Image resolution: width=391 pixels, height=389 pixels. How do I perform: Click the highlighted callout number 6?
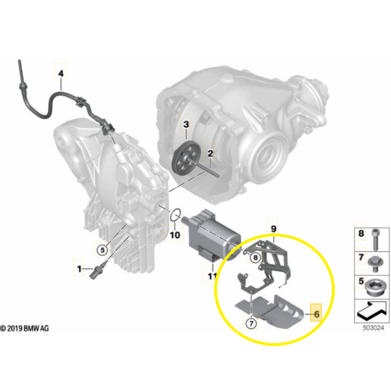[316, 314]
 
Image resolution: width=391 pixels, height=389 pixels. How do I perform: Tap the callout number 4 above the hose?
[61, 73]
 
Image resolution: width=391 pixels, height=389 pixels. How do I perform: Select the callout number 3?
[186, 124]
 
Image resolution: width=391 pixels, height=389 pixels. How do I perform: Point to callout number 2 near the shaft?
[210, 153]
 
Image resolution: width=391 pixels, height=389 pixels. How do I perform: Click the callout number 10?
[175, 235]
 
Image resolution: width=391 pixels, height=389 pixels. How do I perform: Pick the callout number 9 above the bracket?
[273, 228]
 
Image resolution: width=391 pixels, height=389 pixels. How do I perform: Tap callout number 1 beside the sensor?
[79, 269]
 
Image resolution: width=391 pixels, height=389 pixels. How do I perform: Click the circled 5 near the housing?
[102, 250]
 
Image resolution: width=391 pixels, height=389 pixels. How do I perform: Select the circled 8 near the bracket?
[255, 258]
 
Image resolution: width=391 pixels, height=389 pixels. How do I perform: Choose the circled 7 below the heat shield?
[251, 324]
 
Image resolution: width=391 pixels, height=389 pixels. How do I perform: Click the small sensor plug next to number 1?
[98, 270]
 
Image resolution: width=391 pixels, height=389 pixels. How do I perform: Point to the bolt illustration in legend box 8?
[375, 239]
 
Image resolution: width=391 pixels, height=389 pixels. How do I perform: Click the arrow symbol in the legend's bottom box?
[372, 311]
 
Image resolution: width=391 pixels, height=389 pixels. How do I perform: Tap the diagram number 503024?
[373, 328]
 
